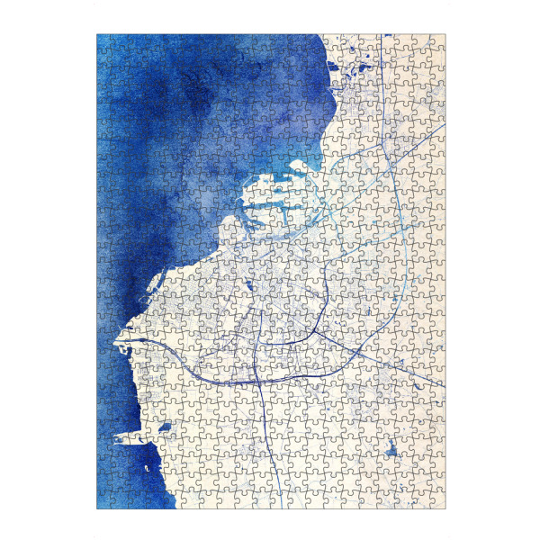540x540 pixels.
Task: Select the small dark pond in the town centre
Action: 247,287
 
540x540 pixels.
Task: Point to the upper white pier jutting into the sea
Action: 125,343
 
